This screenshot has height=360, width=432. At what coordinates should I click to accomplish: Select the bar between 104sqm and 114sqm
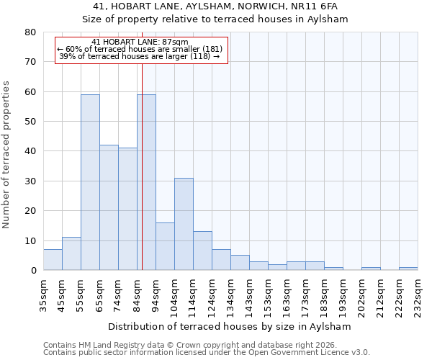click(x=184, y=224)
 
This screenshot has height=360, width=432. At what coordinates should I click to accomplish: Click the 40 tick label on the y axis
click(x=30, y=151)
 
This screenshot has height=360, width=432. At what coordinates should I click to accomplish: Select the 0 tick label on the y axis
click(x=32, y=270)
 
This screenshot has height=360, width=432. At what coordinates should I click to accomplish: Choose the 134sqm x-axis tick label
click(x=231, y=295)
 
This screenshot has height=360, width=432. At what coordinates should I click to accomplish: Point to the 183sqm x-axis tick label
click(x=325, y=295)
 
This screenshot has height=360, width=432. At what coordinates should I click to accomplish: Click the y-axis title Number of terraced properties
click(x=6, y=154)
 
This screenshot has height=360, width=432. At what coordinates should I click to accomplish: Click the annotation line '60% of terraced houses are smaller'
click(x=140, y=49)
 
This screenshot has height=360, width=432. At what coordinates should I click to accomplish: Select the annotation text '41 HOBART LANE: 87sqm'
click(x=140, y=42)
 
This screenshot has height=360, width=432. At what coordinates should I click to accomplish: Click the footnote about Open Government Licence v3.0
click(x=207, y=352)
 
